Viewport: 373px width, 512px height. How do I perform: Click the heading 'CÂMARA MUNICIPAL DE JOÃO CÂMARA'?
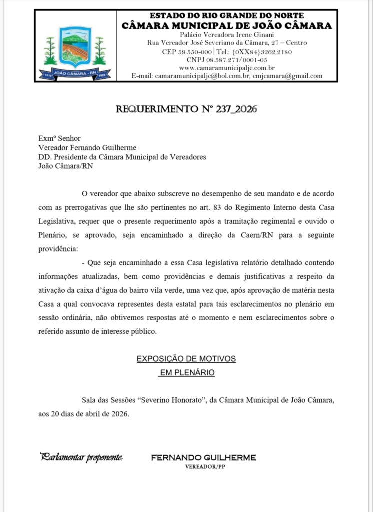click(x=227, y=25)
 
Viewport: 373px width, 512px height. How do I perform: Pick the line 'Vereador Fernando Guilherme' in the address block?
click(x=87, y=147)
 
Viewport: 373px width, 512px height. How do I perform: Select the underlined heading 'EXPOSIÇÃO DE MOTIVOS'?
click(x=186, y=359)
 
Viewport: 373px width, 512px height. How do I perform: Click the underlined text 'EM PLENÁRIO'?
click(x=186, y=372)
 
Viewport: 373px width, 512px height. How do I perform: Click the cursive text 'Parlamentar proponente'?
click(x=81, y=457)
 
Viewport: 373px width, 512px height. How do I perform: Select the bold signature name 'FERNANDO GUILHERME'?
click(x=203, y=457)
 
